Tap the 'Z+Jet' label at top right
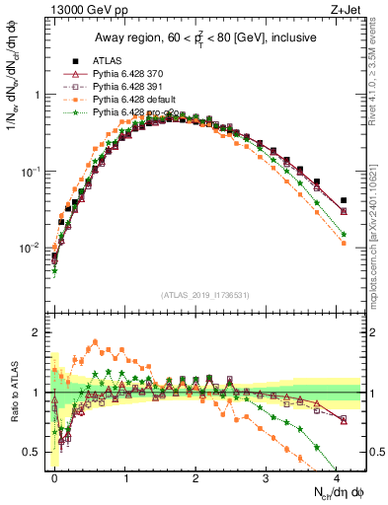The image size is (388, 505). click(x=346, y=11)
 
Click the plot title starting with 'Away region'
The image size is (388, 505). click(x=204, y=37)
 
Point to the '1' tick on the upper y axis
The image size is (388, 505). click(x=37, y=96)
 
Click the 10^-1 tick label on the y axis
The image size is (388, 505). click(x=31, y=172)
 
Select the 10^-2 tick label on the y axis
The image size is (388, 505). click(x=31, y=248)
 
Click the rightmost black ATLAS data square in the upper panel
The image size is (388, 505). click(x=343, y=200)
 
